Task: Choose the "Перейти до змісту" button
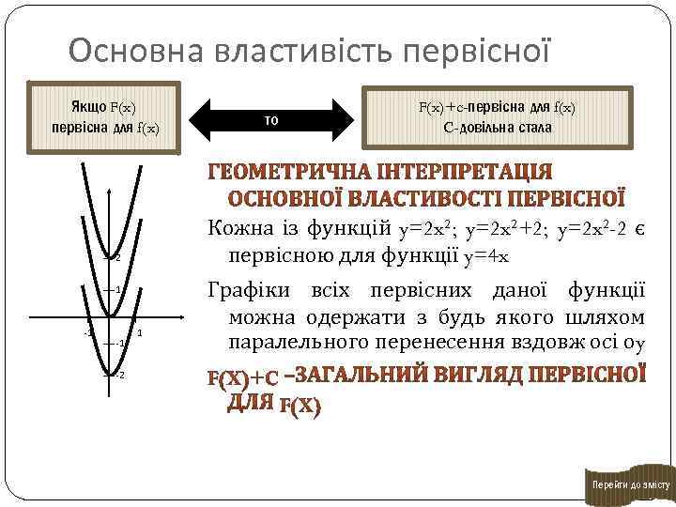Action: click(628, 484)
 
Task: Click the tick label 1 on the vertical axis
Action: click(118, 289)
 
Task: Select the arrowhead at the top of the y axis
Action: click(112, 170)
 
